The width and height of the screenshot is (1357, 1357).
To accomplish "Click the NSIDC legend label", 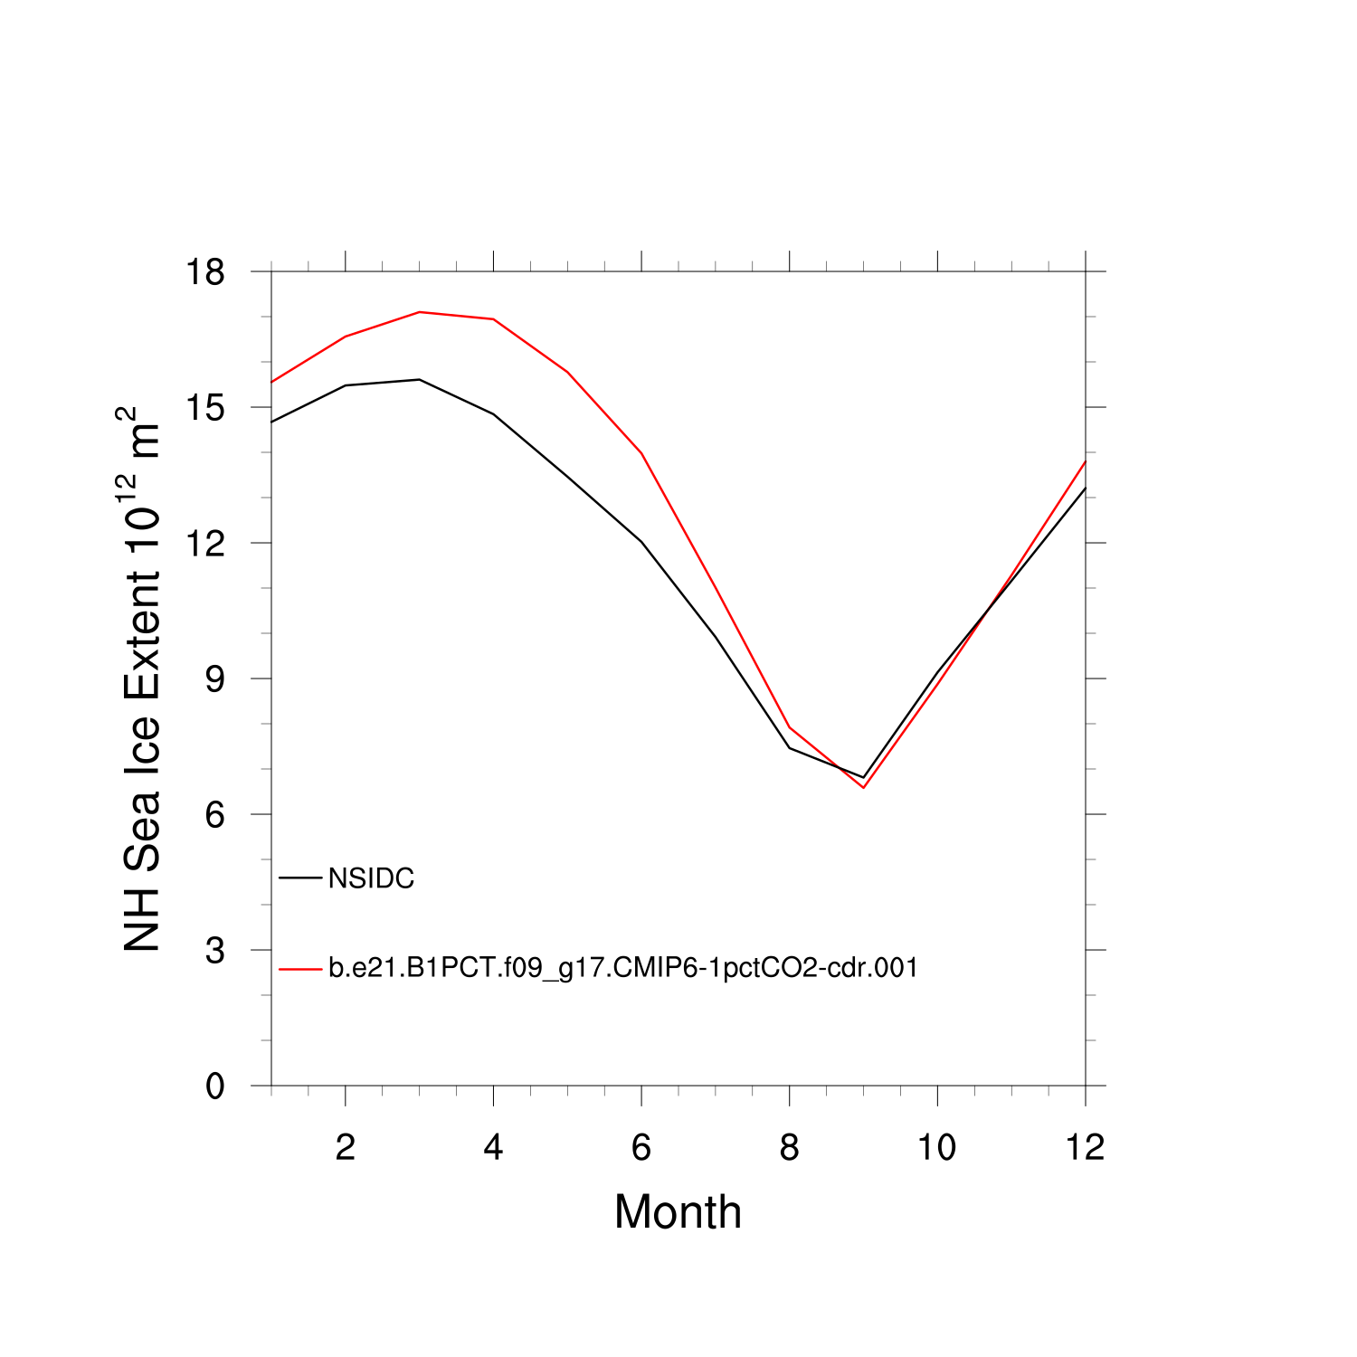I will coord(371,878).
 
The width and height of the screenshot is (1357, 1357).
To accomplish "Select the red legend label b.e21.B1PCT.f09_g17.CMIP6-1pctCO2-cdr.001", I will coord(622,968).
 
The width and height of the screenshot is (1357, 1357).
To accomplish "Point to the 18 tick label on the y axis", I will coord(205,271).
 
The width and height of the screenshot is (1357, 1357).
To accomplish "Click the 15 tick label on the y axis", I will coord(205,407).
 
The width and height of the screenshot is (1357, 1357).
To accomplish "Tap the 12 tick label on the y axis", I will coord(205,543).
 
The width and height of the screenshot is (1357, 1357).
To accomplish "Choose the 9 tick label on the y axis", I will coord(214,678).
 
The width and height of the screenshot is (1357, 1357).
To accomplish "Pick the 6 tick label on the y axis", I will coord(214,814).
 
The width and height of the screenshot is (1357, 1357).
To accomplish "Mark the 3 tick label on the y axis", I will coord(214,950).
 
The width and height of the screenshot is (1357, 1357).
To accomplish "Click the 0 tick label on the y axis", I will coord(214,1086).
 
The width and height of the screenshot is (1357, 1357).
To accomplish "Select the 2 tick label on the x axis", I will coord(345,1147).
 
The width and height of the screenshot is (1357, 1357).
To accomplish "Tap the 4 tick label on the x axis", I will coord(493,1147).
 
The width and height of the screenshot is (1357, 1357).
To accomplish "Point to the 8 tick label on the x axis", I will coord(789,1147).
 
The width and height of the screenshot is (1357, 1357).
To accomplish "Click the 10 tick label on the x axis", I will coord(937,1147).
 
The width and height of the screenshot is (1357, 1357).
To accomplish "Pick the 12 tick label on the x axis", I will coord(1085,1147).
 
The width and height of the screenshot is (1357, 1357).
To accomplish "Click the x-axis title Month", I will coord(678,1212).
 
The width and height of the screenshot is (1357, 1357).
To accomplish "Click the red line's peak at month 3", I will coord(419,312).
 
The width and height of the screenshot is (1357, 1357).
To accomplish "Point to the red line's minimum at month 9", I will coord(864,787).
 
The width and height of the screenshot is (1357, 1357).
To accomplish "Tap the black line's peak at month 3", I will coord(419,379).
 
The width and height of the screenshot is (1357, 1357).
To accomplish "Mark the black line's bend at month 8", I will coord(790,748).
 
